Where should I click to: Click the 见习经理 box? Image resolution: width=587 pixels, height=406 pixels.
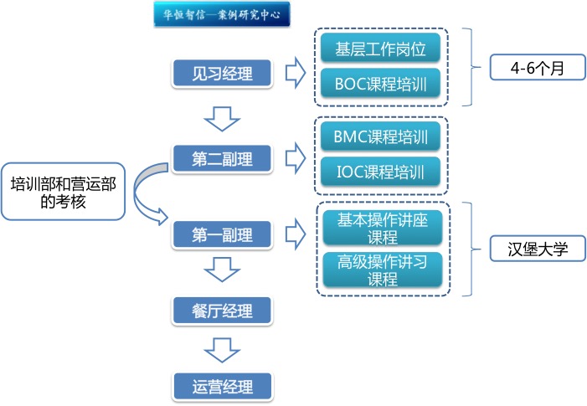point(222,73)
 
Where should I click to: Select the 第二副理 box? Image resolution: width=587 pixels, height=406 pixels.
point(222,157)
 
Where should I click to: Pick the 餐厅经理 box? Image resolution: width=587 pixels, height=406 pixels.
point(222,311)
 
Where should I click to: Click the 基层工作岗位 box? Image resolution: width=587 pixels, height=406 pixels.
point(381,49)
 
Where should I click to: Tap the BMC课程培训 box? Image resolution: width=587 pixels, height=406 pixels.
point(381,136)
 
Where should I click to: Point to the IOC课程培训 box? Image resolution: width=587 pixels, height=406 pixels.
point(381,173)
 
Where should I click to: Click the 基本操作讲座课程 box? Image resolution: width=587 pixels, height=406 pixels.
point(381,228)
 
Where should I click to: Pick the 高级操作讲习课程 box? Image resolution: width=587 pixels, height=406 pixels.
point(381,270)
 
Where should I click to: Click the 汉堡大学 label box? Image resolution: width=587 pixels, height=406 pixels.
point(537,249)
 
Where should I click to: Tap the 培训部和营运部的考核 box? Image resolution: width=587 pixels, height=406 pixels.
point(63,191)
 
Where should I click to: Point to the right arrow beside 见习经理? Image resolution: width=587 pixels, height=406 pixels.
point(294,73)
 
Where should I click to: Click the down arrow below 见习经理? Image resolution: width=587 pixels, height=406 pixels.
point(222,118)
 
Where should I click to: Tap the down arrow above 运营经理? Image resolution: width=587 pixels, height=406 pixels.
point(222,349)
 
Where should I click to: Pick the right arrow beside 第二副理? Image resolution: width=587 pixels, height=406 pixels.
point(294,156)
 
